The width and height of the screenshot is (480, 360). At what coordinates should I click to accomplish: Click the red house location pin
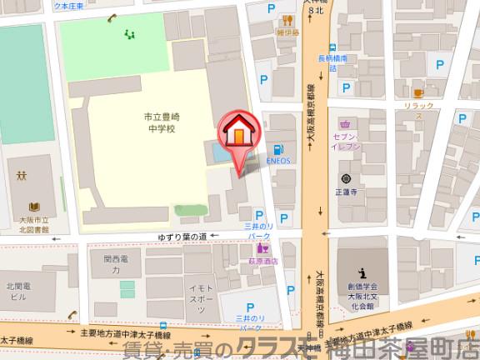[x=238, y=134]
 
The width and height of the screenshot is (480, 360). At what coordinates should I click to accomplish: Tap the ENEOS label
[x=277, y=161]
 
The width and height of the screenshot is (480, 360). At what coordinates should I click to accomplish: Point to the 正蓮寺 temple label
[x=345, y=191]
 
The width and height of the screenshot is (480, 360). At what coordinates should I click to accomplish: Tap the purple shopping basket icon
[x=345, y=123]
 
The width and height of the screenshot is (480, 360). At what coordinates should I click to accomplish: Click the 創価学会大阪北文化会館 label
[x=363, y=297]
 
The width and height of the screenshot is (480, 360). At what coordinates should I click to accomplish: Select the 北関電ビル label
[x=19, y=290]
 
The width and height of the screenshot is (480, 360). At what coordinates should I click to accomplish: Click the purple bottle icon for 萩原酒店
[x=262, y=247]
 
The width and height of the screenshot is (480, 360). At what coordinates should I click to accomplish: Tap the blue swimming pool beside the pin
[x=216, y=153]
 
